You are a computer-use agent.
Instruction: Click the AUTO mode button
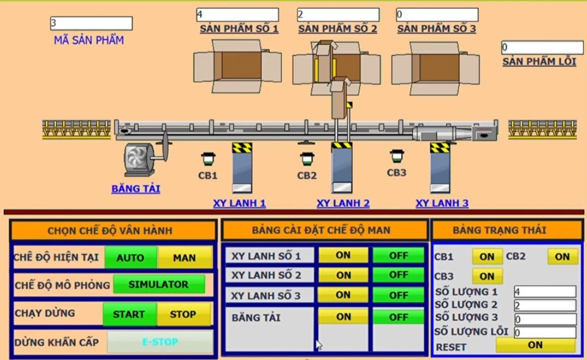point(131,257)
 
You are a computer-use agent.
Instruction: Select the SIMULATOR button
point(158,285)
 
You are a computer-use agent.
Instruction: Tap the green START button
point(129,314)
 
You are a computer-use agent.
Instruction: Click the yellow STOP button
point(183,314)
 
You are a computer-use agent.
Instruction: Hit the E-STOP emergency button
point(160,342)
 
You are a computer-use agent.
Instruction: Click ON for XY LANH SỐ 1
point(343,255)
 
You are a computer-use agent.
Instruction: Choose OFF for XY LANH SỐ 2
point(399,274)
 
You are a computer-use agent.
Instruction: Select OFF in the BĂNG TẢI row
point(399,317)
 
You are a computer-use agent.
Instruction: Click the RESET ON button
point(535,345)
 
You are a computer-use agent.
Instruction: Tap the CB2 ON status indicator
point(562,256)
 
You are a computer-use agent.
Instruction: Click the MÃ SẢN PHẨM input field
point(91,23)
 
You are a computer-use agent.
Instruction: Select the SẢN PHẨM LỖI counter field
point(542,48)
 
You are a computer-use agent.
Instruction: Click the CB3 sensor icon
point(397,156)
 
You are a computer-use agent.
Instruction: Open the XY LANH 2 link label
point(343,203)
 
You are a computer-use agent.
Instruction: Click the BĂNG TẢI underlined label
point(135,189)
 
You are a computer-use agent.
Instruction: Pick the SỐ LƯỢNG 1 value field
point(544,292)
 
